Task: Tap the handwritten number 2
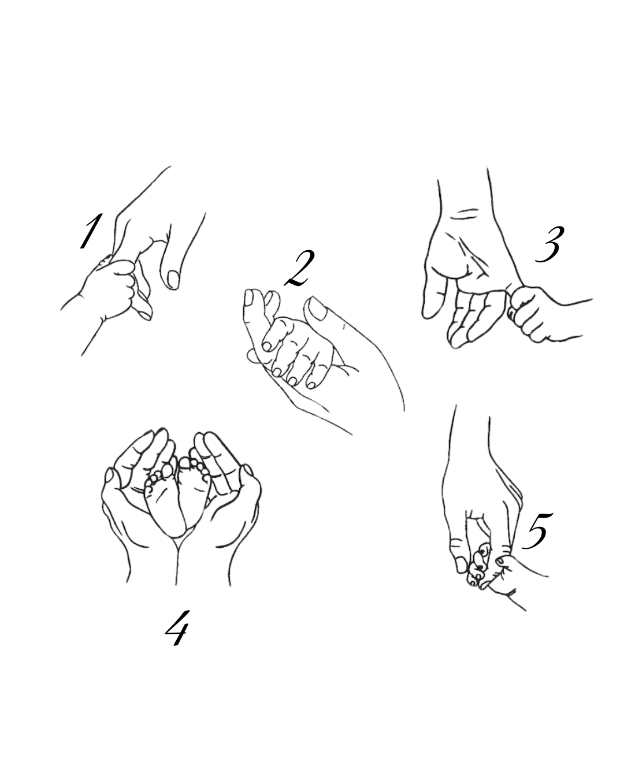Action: click(299, 269)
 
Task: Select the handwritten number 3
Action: click(548, 244)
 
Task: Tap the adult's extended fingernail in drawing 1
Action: click(173, 280)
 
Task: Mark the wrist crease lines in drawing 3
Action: click(466, 214)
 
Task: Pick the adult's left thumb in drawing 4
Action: click(113, 482)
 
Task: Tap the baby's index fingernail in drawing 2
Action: click(267, 346)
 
